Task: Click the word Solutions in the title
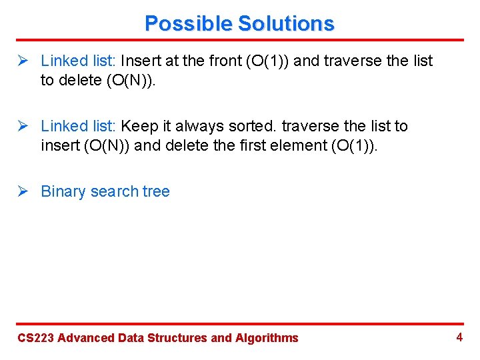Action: (286, 24)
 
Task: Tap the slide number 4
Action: (459, 337)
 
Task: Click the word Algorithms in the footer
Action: (267, 338)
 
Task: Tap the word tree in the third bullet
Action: (156, 192)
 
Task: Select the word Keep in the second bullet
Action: (137, 127)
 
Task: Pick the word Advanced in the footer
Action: (86, 338)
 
